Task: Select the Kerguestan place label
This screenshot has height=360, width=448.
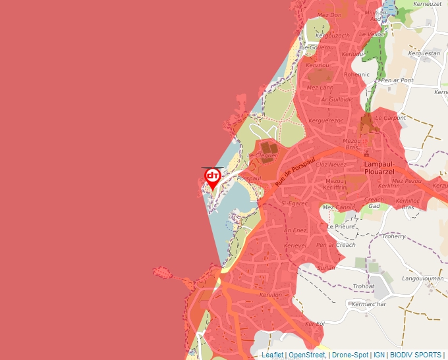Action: click(x=424, y=53)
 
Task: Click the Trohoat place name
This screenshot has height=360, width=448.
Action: click(x=364, y=286)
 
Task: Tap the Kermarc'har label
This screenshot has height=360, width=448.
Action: click(x=369, y=303)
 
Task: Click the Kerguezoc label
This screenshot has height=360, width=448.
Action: click(x=325, y=120)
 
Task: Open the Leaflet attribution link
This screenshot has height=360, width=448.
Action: click(x=272, y=355)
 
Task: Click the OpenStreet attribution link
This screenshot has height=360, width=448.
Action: click(x=306, y=355)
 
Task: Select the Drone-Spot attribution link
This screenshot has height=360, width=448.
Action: click(x=350, y=355)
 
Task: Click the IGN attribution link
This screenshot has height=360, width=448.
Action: click(x=379, y=355)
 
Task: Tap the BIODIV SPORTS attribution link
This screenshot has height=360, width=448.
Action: click(x=415, y=355)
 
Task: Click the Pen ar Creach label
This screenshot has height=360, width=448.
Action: click(x=335, y=245)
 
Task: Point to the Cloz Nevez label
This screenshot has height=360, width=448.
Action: click(x=331, y=165)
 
